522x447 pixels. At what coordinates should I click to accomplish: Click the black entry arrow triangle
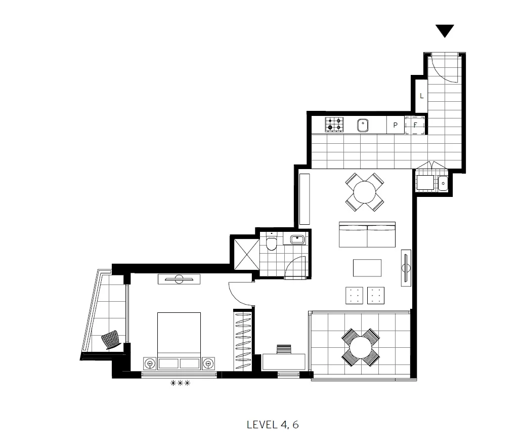(445, 30)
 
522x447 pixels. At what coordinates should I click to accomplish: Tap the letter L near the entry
(421, 95)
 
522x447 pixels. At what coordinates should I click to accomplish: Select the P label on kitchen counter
(395, 125)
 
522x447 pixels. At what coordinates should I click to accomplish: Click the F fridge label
(415, 125)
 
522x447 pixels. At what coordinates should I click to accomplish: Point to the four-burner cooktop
(334, 124)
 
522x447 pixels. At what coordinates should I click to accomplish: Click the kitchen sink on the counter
(363, 125)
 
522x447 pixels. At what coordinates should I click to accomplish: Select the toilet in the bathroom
(272, 243)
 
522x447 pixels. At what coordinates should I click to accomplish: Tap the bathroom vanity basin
(297, 239)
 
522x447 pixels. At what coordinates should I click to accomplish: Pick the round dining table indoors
(364, 192)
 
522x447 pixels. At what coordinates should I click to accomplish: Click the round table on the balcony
(360, 347)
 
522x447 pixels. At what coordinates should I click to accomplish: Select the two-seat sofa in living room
(367, 234)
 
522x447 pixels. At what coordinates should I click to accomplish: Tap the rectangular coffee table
(367, 268)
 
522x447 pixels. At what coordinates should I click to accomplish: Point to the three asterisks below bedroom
(180, 383)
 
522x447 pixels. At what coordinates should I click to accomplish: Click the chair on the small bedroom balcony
(112, 340)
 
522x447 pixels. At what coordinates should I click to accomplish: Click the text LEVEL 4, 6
(273, 424)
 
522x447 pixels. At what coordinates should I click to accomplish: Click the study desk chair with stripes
(284, 349)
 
